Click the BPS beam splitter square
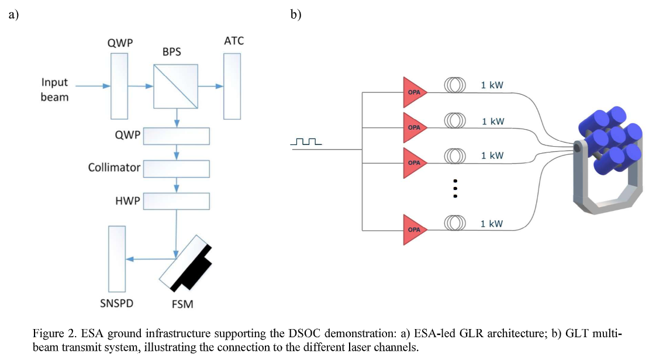176,86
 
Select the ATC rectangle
232,86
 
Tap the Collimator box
176,168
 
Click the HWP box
176,201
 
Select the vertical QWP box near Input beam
119,86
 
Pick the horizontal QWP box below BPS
176,136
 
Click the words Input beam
54,90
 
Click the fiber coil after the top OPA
454,85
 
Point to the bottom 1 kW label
492,224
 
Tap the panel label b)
296,15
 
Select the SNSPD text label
116,304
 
